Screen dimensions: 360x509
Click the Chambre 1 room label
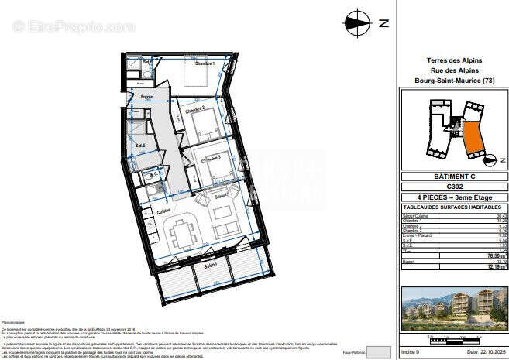[x=204, y=63]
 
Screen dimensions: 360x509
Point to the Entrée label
[x=146, y=97]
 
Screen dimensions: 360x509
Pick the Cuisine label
[x=163, y=211]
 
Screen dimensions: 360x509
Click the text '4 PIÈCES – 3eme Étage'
[x=452, y=198]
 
